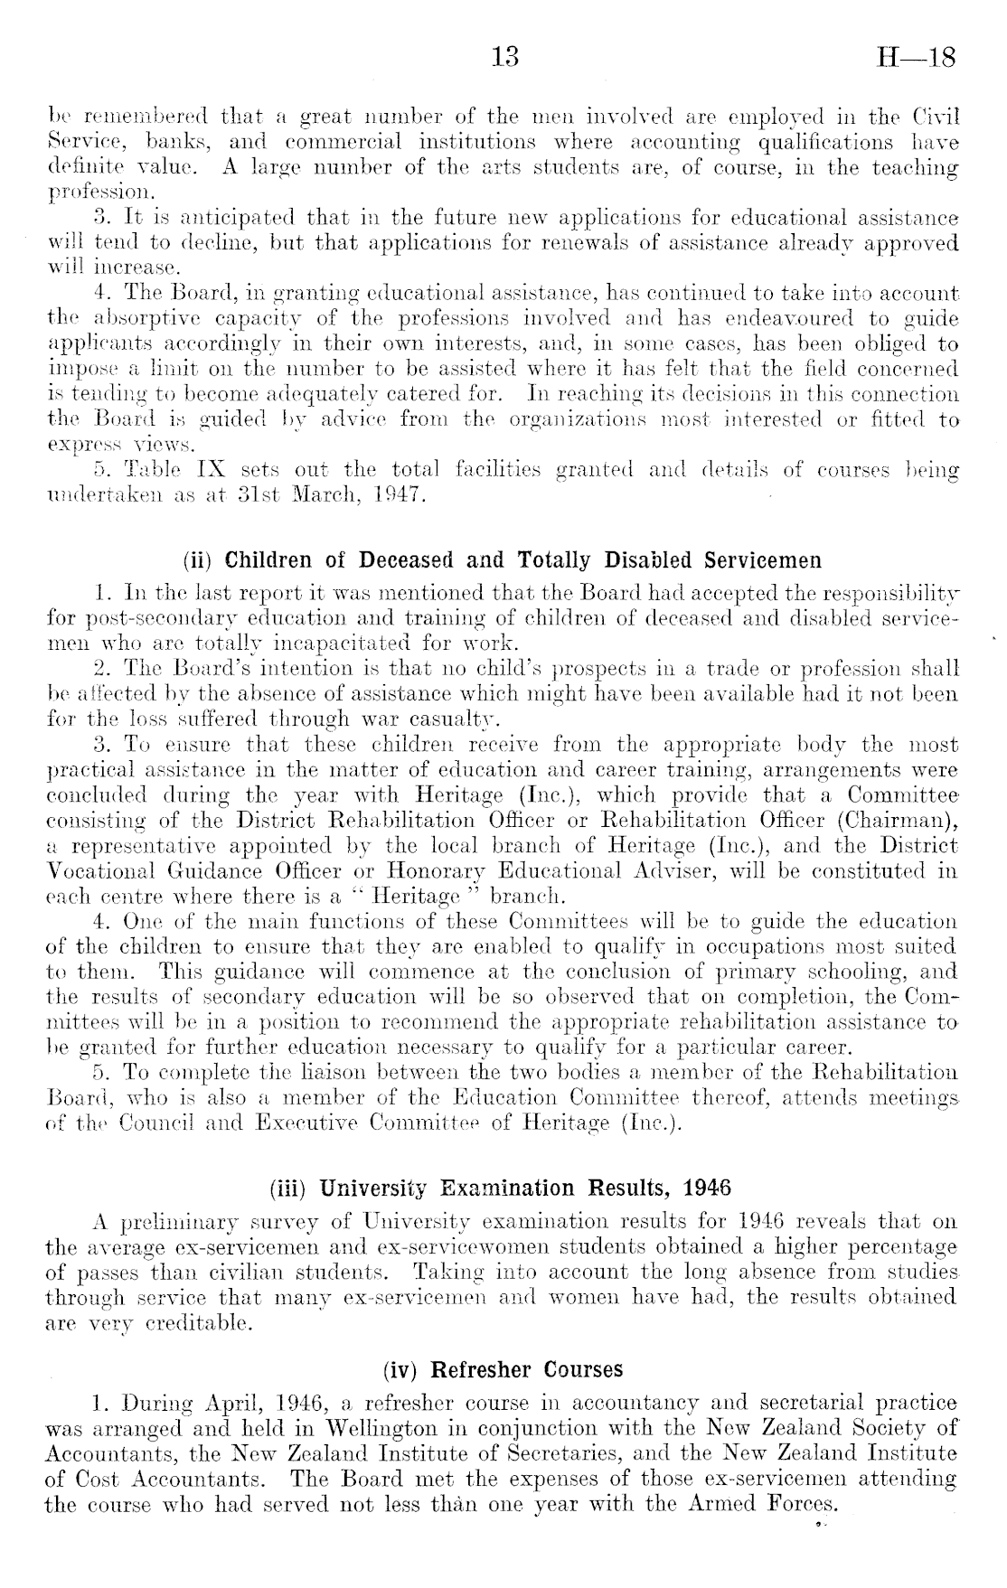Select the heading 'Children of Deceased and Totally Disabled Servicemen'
(522, 560)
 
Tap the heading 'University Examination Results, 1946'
(524, 1188)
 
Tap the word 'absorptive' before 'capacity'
(138, 320)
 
